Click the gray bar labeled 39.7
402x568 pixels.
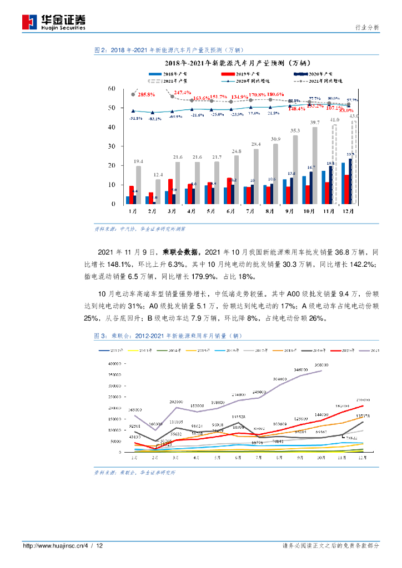pos(315,165)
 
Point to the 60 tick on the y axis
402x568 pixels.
pos(111,89)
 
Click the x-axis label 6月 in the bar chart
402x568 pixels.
pos(229,211)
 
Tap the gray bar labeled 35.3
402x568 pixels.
pos(295,169)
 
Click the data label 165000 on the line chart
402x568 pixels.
pos(137,410)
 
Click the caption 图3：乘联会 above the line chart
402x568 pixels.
pos(111,336)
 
